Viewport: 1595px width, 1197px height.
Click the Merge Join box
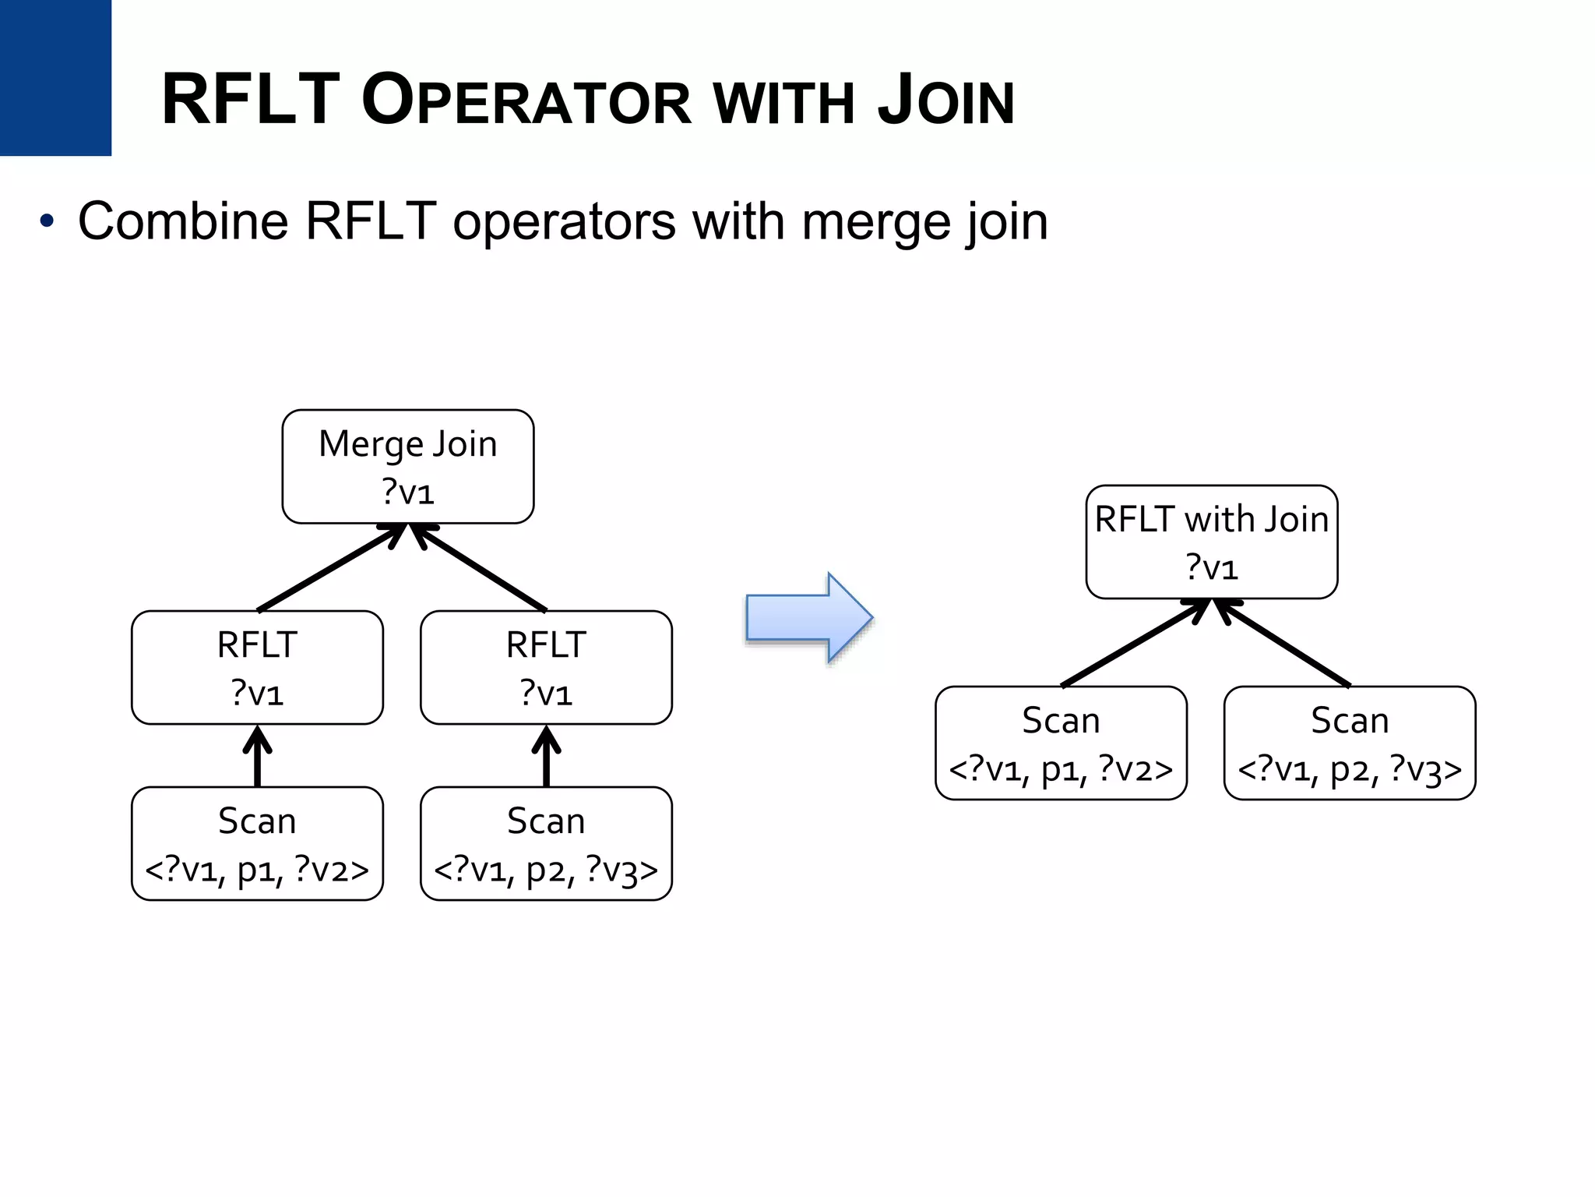pyautogui.click(x=407, y=466)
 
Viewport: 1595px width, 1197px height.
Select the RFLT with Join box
pyautogui.click(x=1211, y=542)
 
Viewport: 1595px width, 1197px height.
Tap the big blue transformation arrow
pyautogui.click(x=810, y=617)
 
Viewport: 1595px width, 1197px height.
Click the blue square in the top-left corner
pyautogui.click(x=55, y=77)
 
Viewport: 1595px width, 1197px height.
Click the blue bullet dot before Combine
pyautogui.click(x=48, y=222)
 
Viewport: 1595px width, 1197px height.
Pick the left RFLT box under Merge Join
pyautogui.click(x=257, y=667)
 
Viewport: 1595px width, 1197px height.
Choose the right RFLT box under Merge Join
pyautogui.click(x=546, y=667)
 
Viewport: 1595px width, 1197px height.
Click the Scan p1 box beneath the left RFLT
pyautogui.click(x=257, y=843)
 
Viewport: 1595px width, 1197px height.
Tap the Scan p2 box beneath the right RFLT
pyautogui.click(x=546, y=843)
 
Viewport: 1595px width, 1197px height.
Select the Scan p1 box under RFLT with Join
pyautogui.click(x=1061, y=743)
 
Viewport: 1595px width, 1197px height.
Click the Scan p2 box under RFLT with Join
pyautogui.click(x=1350, y=743)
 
